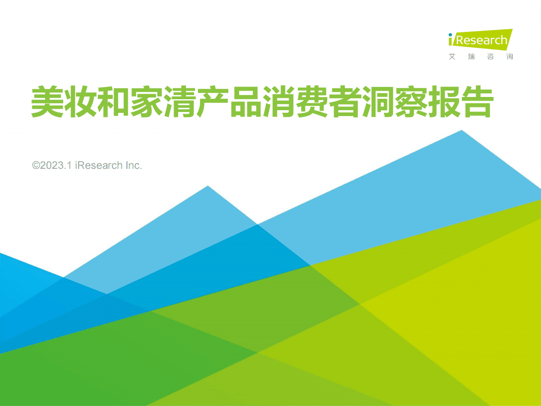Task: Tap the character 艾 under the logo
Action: tap(452, 57)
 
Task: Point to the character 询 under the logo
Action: tap(510, 57)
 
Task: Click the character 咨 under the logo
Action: tap(491, 57)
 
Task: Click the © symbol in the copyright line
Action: tap(36, 165)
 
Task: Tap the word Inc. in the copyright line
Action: tap(134, 165)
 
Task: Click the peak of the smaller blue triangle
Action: tap(208, 187)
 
